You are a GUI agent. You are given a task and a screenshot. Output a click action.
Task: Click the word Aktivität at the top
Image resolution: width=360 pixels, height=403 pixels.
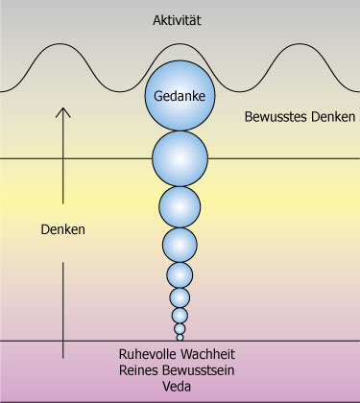point(180,19)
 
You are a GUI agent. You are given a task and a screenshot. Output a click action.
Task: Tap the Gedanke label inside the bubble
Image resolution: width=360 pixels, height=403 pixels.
point(180,96)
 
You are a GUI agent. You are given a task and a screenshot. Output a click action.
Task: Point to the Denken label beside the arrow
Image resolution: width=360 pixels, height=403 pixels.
point(63,230)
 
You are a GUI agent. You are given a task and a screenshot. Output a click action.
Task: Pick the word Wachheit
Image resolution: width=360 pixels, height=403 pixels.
point(212,353)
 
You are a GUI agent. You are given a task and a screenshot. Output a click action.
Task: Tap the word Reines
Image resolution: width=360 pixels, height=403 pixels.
point(139,369)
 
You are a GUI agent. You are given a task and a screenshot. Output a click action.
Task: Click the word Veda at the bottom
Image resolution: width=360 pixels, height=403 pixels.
point(180,386)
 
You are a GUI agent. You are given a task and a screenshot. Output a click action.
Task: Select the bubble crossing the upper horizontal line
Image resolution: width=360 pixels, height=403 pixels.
point(180,157)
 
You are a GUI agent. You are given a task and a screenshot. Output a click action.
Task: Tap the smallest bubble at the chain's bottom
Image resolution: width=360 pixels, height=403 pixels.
point(180,336)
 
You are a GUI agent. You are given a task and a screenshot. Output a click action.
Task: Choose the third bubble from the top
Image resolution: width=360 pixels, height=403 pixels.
point(180,207)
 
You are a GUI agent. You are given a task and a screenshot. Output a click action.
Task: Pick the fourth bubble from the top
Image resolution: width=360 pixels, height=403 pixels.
point(180,245)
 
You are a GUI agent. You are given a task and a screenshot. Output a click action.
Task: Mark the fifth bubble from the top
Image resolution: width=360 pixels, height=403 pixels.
point(180,275)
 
